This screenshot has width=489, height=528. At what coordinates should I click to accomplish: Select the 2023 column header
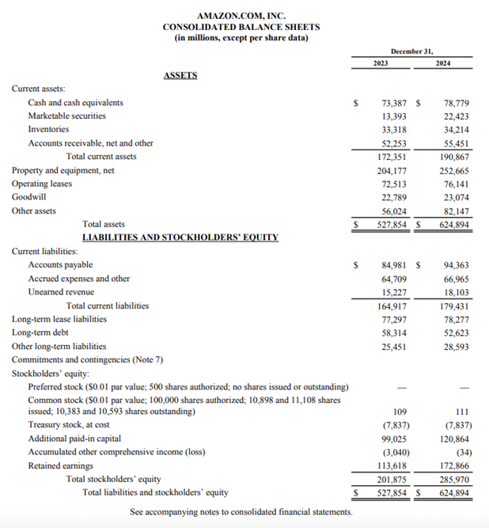380,62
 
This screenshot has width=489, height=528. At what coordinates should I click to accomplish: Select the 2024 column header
443,62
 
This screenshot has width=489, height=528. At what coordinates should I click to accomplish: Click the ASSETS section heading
180,75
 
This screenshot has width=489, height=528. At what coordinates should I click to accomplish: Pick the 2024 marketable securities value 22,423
457,116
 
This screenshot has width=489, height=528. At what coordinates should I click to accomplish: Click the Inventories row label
48,129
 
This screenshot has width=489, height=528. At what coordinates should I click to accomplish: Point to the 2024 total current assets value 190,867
455,157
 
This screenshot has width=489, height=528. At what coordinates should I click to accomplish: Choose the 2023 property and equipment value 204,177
392,170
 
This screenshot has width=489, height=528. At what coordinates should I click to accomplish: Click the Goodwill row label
28,197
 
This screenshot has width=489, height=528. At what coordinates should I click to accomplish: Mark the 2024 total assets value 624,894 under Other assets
455,224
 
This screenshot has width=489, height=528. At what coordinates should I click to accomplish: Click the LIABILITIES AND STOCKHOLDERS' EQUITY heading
180,237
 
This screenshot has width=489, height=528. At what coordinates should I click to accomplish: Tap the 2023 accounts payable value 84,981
395,264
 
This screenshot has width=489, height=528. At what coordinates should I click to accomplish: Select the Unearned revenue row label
62,292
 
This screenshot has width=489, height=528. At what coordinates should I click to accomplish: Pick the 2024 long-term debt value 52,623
457,332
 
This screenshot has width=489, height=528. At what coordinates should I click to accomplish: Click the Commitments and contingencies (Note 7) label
87,359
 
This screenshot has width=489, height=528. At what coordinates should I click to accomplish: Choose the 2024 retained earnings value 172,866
455,465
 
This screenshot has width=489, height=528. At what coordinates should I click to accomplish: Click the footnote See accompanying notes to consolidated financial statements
241,512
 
